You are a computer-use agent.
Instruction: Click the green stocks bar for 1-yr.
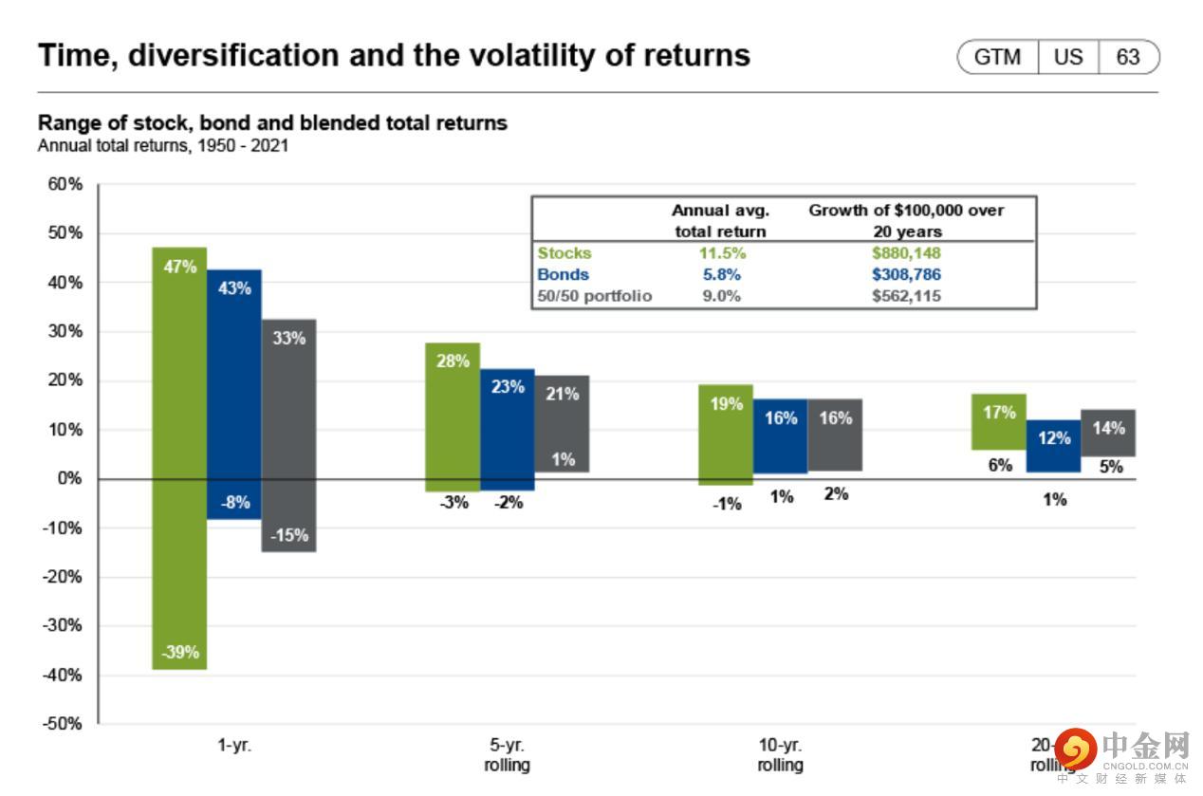(179, 455)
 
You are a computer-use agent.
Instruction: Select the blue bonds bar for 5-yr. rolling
(507, 430)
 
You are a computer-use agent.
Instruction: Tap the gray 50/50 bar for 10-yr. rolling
(835, 435)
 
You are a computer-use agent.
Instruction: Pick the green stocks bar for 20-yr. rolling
(999, 422)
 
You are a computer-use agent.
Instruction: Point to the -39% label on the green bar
(179, 653)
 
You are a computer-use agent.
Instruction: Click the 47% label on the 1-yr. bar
(179, 267)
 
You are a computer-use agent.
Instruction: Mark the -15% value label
(289, 535)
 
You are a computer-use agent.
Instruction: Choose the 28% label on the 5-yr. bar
(453, 361)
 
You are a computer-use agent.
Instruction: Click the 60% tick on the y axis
(65, 184)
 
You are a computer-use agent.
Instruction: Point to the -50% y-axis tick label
(63, 724)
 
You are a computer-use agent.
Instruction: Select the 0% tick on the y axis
(68, 478)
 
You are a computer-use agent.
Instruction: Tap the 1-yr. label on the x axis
(234, 746)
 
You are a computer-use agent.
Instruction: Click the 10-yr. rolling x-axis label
(780, 755)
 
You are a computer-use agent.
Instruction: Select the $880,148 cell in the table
(906, 253)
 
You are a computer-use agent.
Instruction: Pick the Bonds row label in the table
(564, 274)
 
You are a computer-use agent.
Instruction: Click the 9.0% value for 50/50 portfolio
(721, 295)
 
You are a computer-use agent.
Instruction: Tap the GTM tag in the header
(998, 57)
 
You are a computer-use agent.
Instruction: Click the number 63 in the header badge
(1127, 57)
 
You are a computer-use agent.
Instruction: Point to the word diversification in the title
(235, 56)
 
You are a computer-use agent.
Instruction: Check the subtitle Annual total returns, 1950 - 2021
(163, 146)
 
